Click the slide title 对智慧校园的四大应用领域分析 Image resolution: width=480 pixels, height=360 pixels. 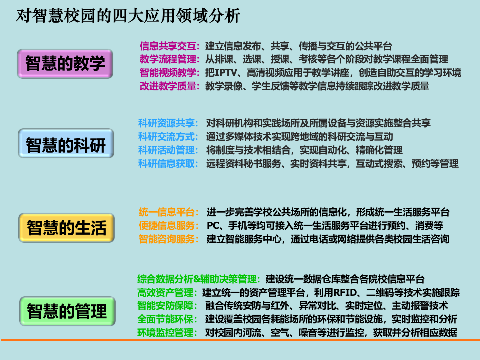[x=128, y=16]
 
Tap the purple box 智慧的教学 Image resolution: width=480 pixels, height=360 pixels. [x=65, y=63]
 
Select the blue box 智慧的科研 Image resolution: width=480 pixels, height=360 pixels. [x=66, y=145]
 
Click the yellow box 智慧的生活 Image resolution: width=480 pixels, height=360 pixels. [x=66, y=228]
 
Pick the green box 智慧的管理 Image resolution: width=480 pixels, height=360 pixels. [x=67, y=311]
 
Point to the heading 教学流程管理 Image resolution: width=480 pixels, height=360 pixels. [x=169, y=59]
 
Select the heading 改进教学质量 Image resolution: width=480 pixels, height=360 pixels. [x=169, y=86]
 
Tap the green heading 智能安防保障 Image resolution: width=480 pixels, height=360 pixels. [x=167, y=305]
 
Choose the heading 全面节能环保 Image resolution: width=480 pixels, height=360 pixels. [x=167, y=319]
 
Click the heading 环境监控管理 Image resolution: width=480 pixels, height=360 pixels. [x=167, y=332]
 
